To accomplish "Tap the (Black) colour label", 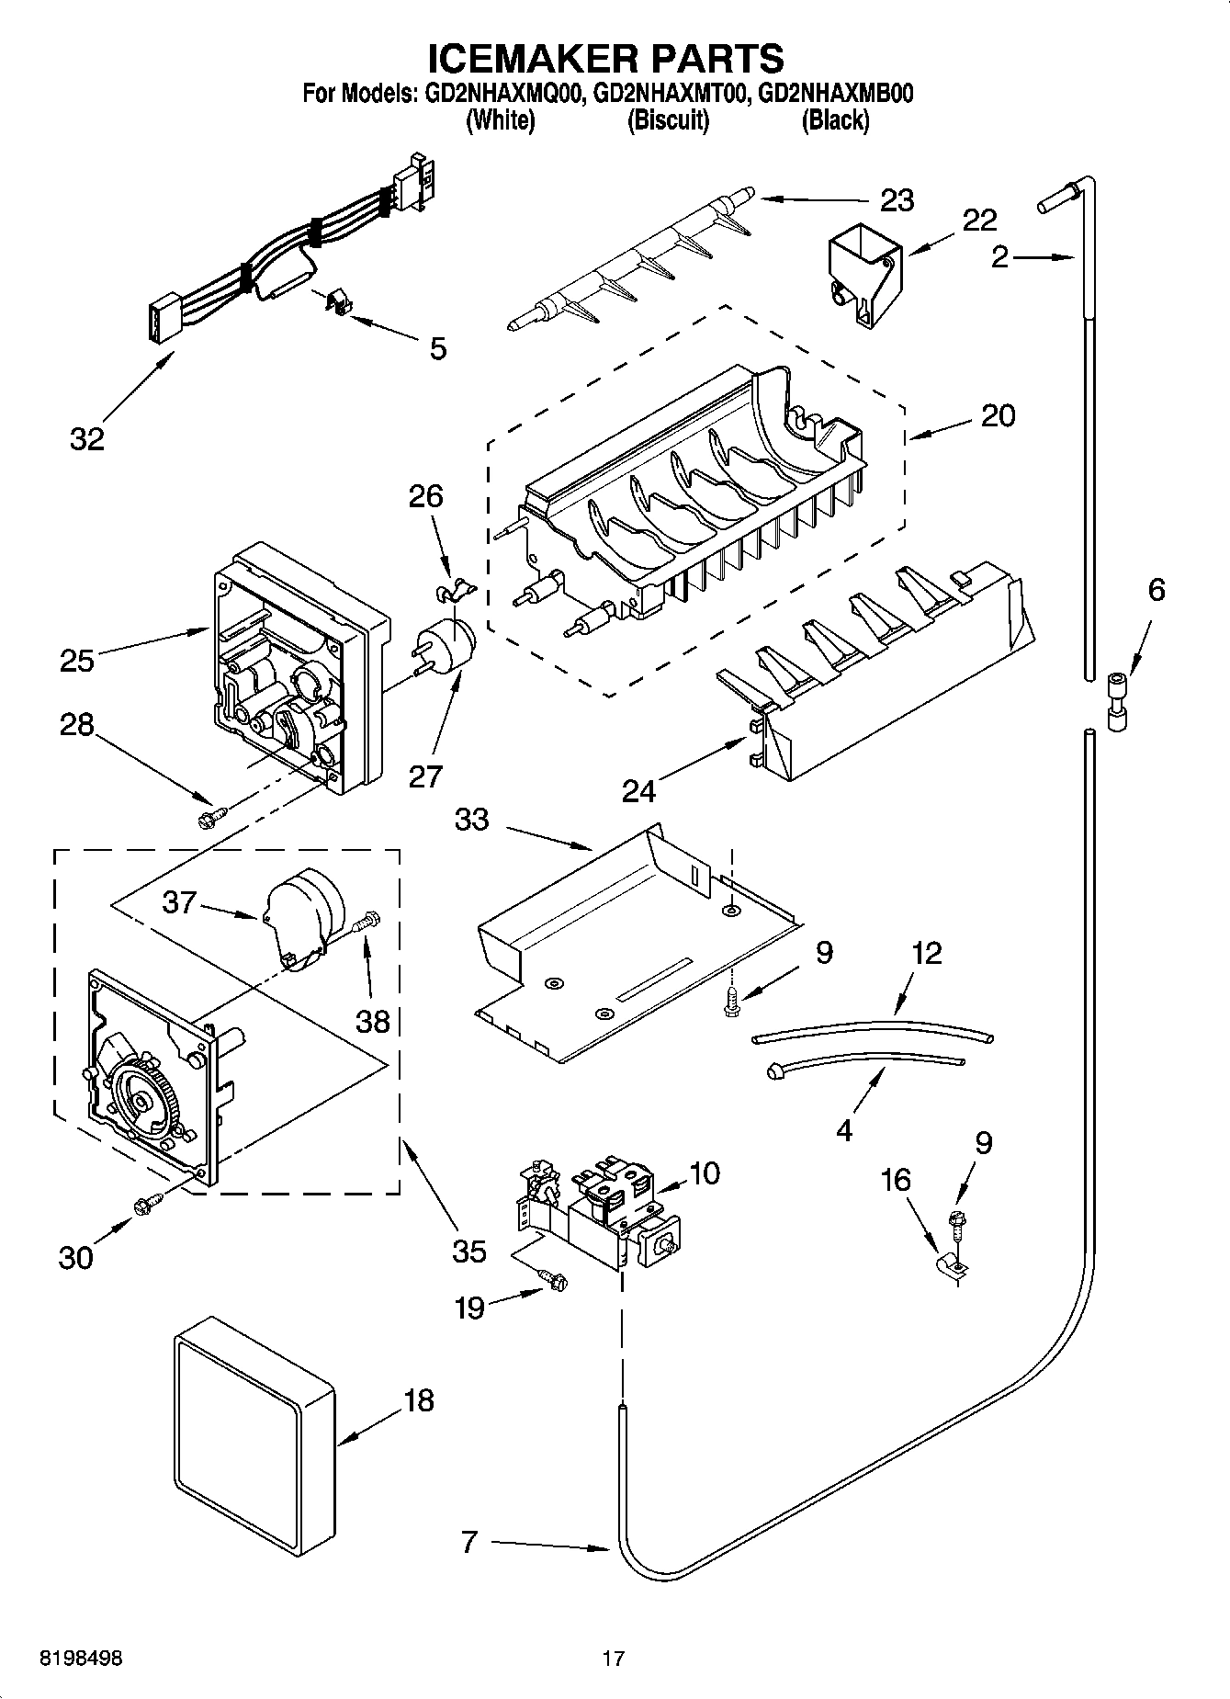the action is (x=834, y=120).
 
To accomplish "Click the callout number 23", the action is (x=897, y=199).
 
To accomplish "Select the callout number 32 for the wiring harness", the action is (x=87, y=439).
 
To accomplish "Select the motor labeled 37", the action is (x=300, y=914).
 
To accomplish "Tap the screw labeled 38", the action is (x=367, y=919).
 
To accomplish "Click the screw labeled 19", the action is (x=554, y=1279).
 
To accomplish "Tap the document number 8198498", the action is (x=80, y=1659).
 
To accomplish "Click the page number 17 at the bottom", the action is (x=614, y=1659).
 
